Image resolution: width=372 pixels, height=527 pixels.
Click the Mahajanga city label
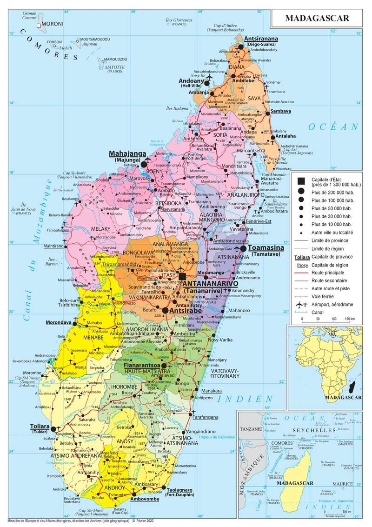(127, 153)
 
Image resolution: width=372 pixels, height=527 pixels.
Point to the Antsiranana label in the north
(261, 39)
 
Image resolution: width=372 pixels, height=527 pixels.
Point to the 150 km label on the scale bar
(349, 319)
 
